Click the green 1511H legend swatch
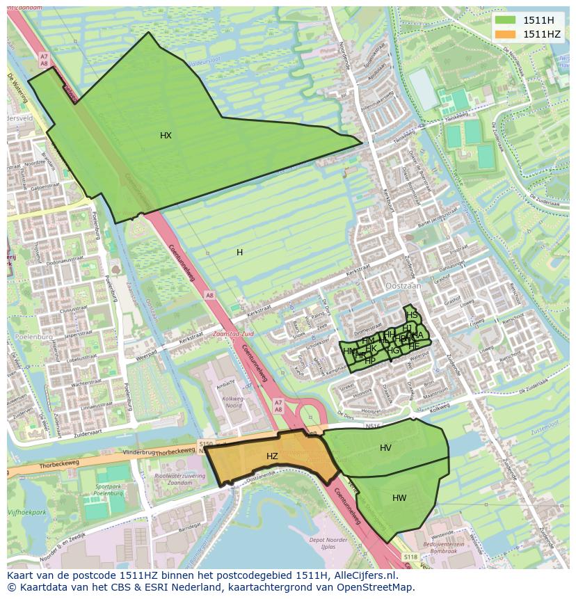(506, 20)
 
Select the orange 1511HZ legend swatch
(506, 34)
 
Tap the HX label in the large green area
(166, 136)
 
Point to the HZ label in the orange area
(272, 456)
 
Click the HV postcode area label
(385, 448)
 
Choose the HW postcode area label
(399, 498)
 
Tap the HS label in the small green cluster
(413, 315)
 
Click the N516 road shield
(374, 425)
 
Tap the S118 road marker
(411, 557)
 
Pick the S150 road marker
(205, 443)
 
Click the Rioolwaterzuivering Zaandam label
(170, 479)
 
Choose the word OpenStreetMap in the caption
(376, 587)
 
